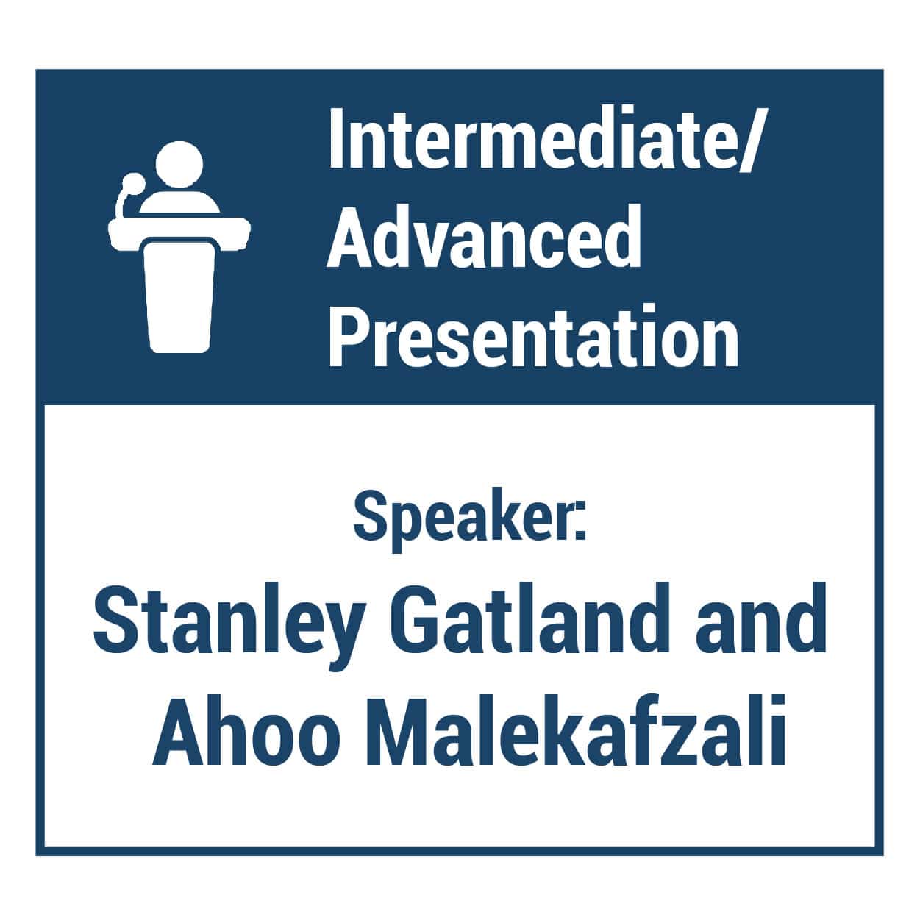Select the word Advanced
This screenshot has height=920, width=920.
pos(484,237)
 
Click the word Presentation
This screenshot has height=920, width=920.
pos(533,335)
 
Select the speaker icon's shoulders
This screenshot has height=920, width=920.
pos(179,202)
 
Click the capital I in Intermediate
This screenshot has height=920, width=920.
pos(337,140)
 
